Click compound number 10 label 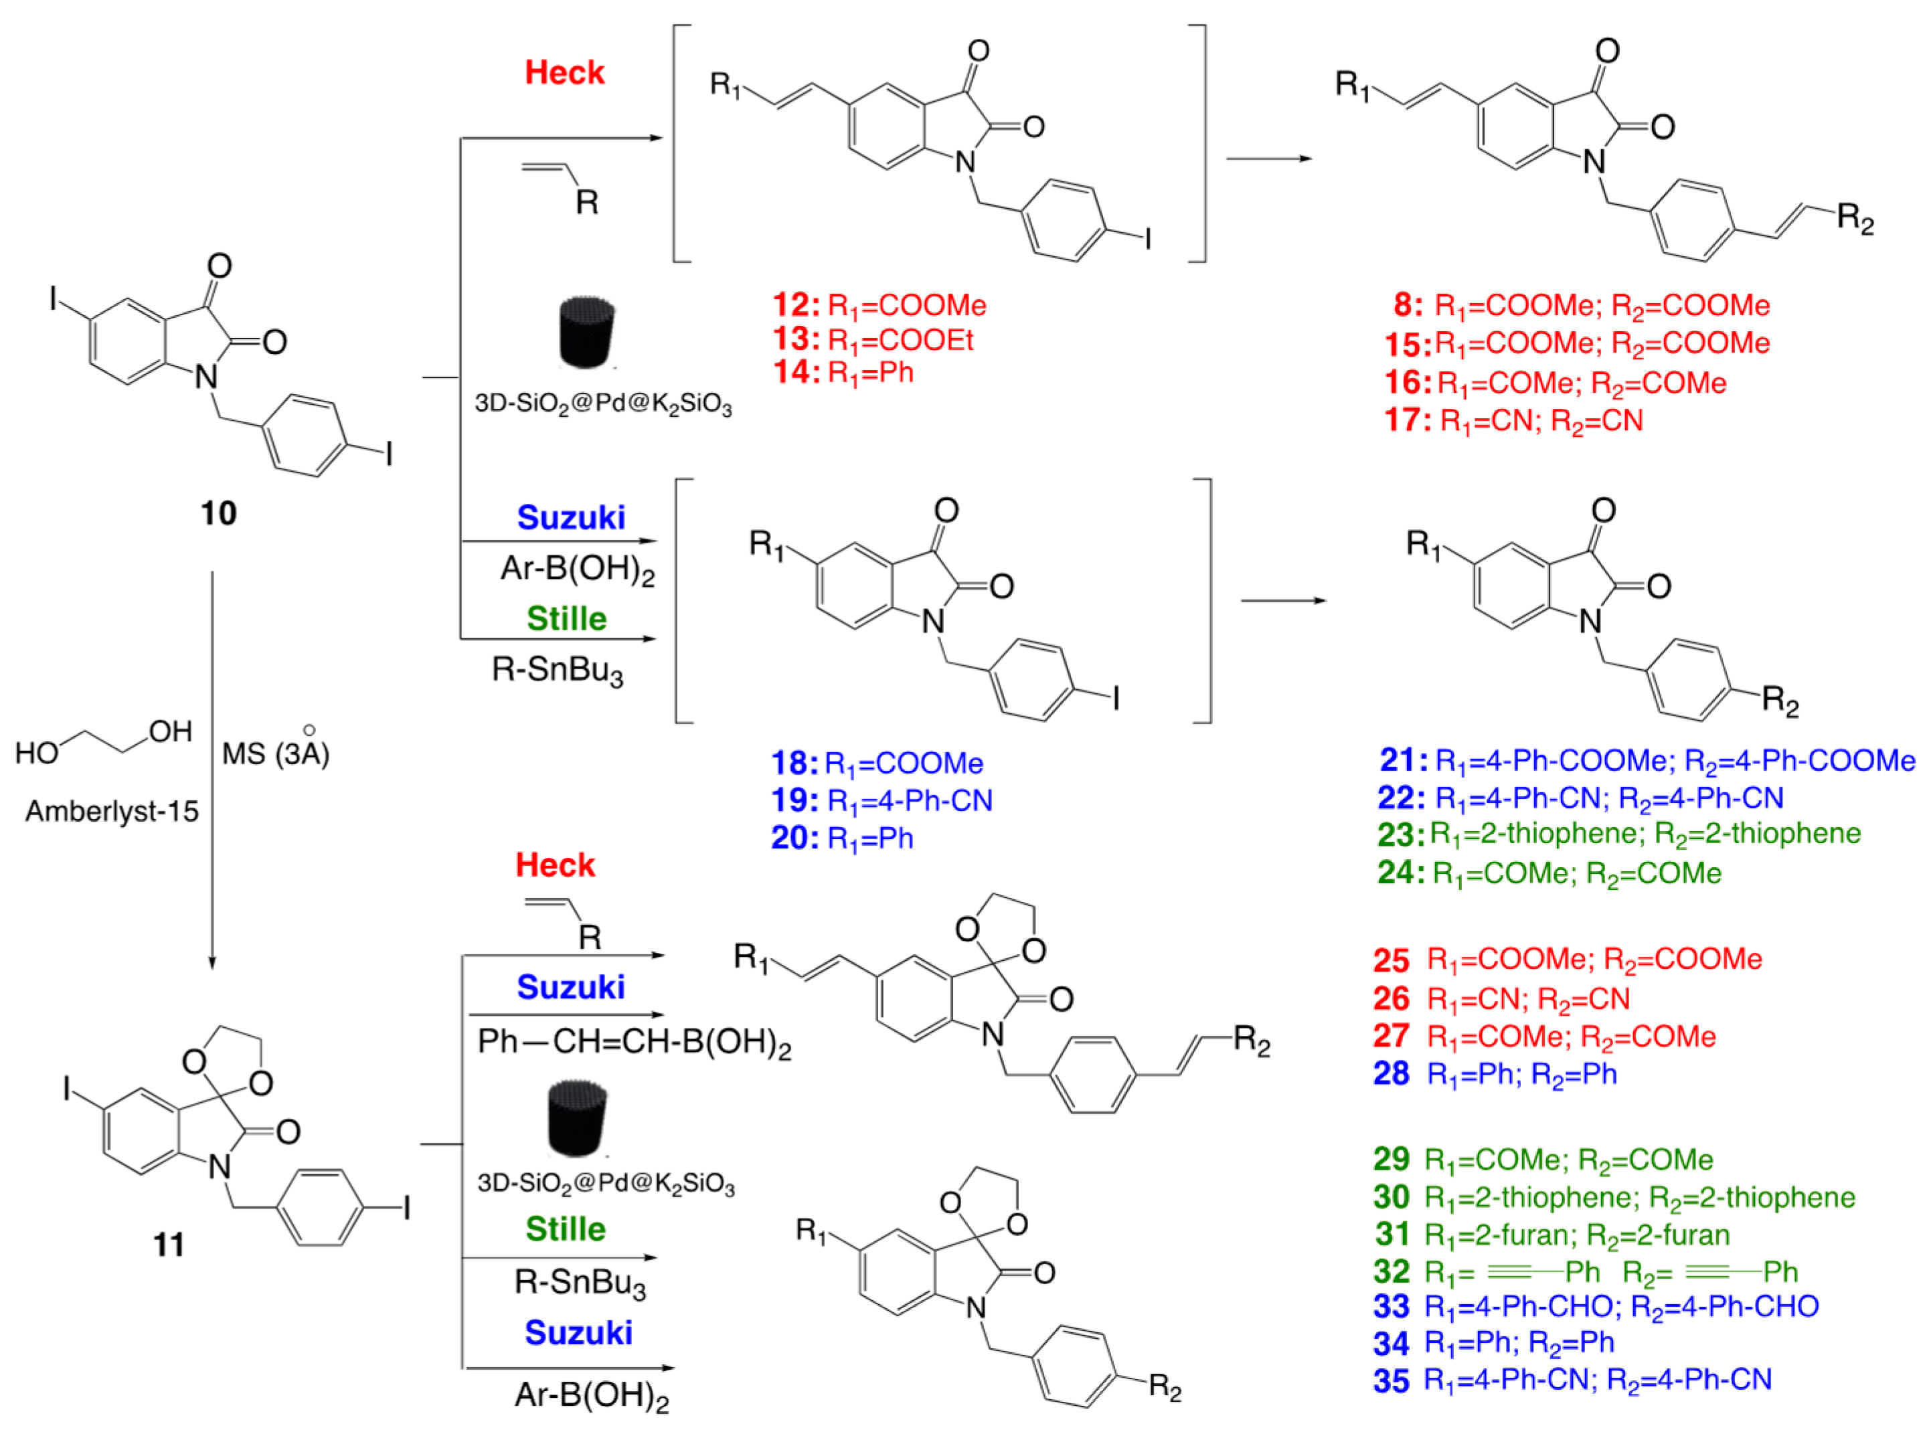218,513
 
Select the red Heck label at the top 564,72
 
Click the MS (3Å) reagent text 276,751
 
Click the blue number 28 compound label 1392,1074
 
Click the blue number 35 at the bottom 1392,1380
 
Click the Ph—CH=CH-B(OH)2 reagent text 634,1043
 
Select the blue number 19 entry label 793,800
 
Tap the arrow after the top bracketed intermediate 1268,159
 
